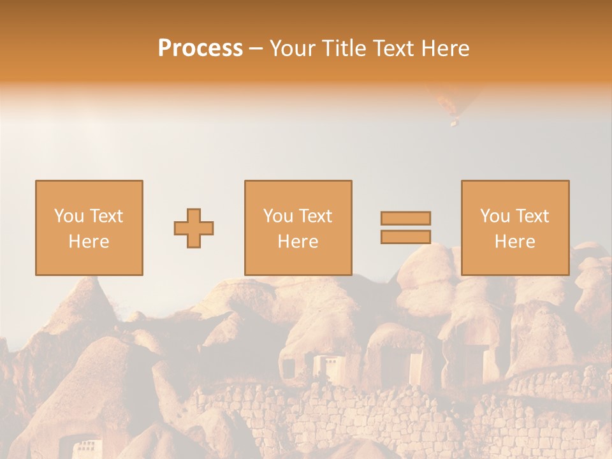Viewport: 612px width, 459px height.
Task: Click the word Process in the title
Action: [200, 48]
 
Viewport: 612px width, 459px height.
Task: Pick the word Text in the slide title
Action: [393, 48]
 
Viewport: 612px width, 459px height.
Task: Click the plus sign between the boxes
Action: [194, 228]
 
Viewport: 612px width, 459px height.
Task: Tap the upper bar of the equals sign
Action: [405, 218]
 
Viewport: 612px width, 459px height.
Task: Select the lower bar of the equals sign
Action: [405, 237]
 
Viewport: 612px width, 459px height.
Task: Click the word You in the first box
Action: [68, 216]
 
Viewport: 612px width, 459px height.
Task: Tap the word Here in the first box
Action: [89, 242]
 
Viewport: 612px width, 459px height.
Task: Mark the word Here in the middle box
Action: [298, 242]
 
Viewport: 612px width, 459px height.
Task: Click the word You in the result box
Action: [494, 216]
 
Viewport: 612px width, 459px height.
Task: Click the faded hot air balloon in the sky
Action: [453, 102]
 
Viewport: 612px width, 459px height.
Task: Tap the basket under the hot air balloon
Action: [454, 122]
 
